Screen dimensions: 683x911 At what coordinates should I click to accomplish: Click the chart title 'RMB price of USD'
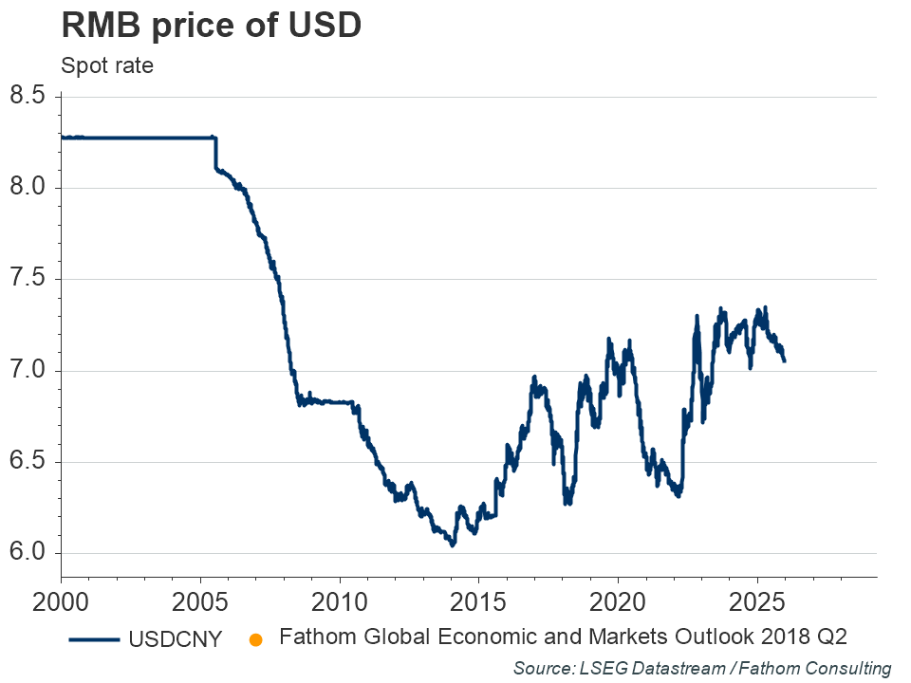(x=211, y=26)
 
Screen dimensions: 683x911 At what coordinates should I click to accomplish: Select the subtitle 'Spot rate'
(x=106, y=66)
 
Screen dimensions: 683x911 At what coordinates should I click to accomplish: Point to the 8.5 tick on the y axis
(x=28, y=96)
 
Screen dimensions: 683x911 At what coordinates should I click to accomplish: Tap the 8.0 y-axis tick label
(x=28, y=188)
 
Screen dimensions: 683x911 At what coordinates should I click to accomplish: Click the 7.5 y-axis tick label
(x=28, y=279)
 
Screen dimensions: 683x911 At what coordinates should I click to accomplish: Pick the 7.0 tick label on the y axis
(x=28, y=371)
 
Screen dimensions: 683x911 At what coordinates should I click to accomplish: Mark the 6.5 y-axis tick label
(x=28, y=462)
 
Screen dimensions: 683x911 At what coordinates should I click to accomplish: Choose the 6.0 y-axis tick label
(x=28, y=554)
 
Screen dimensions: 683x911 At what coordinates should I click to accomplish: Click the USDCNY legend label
(x=175, y=639)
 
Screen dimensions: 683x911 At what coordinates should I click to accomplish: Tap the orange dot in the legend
(x=254, y=639)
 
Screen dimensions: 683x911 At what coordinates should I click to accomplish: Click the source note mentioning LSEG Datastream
(x=702, y=669)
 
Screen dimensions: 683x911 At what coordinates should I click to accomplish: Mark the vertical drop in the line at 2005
(x=215, y=154)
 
